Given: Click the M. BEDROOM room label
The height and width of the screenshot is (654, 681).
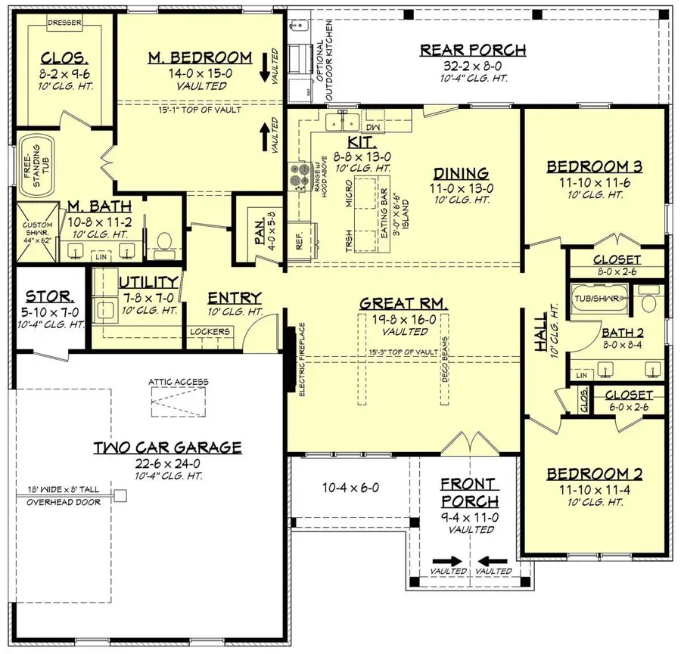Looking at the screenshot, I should [x=201, y=57].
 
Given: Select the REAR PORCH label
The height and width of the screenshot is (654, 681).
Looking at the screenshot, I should [x=472, y=51].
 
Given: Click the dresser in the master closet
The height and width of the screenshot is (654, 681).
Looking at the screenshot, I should [x=64, y=23].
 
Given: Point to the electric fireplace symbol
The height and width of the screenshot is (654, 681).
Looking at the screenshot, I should [x=291, y=355].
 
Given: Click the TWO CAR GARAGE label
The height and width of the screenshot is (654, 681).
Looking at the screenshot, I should [x=167, y=447].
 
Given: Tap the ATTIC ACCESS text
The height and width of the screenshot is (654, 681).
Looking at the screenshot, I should [x=179, y=382].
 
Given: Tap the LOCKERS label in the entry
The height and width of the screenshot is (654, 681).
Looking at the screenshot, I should [x=210, y=330].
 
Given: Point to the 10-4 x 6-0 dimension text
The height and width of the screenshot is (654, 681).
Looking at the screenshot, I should [x=350, y=487].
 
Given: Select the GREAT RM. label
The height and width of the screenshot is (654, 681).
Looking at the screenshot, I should [x=403, y=303].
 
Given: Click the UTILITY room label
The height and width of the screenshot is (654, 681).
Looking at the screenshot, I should [x=148, y=282].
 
